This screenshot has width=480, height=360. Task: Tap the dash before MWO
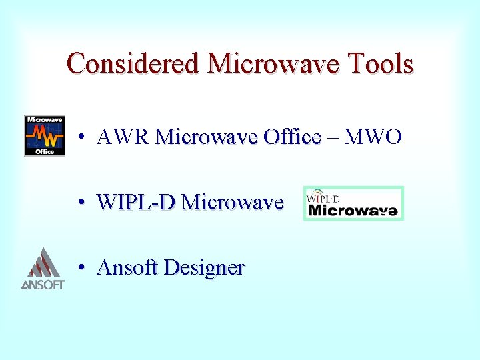coord(333,138)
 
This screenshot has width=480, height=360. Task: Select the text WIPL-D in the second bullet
coord(135,201)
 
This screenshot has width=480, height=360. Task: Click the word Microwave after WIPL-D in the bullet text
coord(232,201)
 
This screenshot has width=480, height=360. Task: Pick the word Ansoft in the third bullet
coord(127,267)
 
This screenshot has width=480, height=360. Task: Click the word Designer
coord(204,268)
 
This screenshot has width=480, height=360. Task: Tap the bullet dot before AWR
coord(79,138)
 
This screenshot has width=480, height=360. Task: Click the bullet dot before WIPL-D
coord(79,202)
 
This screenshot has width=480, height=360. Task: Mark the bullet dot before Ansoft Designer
coord(79,268)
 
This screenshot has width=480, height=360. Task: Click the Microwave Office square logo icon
coord(45,136)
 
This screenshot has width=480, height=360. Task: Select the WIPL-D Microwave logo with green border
coord(353,203)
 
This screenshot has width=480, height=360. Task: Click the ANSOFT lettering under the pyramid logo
coord(42,285)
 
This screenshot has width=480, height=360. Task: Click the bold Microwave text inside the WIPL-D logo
coord(353,211)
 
